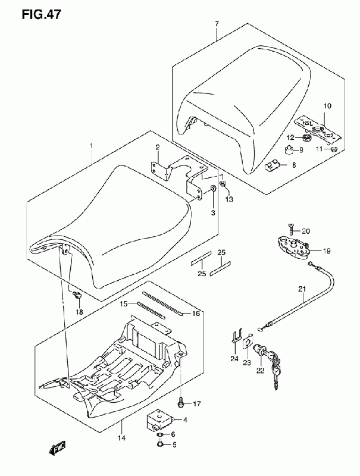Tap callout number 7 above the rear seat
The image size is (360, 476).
(217, 23)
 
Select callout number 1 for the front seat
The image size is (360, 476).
(91, 146)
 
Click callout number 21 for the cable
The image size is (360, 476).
(302, 290)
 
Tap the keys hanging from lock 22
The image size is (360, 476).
(276, 375)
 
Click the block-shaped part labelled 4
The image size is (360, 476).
(160, 421)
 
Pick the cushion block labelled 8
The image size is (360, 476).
(273, 165)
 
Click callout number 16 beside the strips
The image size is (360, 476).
(195, 313)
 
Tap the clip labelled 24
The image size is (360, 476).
(236, 342)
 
